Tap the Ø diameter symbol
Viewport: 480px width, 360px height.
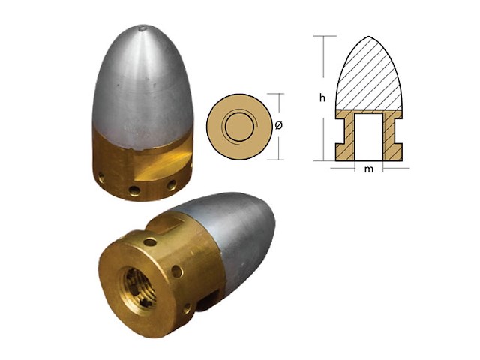pos(278,126)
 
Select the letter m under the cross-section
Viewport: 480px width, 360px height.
pos(368,170)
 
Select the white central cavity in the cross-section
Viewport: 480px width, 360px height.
pos(368,134)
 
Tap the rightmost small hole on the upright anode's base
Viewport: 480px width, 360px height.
pos(172,184)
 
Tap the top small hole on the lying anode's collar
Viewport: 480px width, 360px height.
pos(150,241)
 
